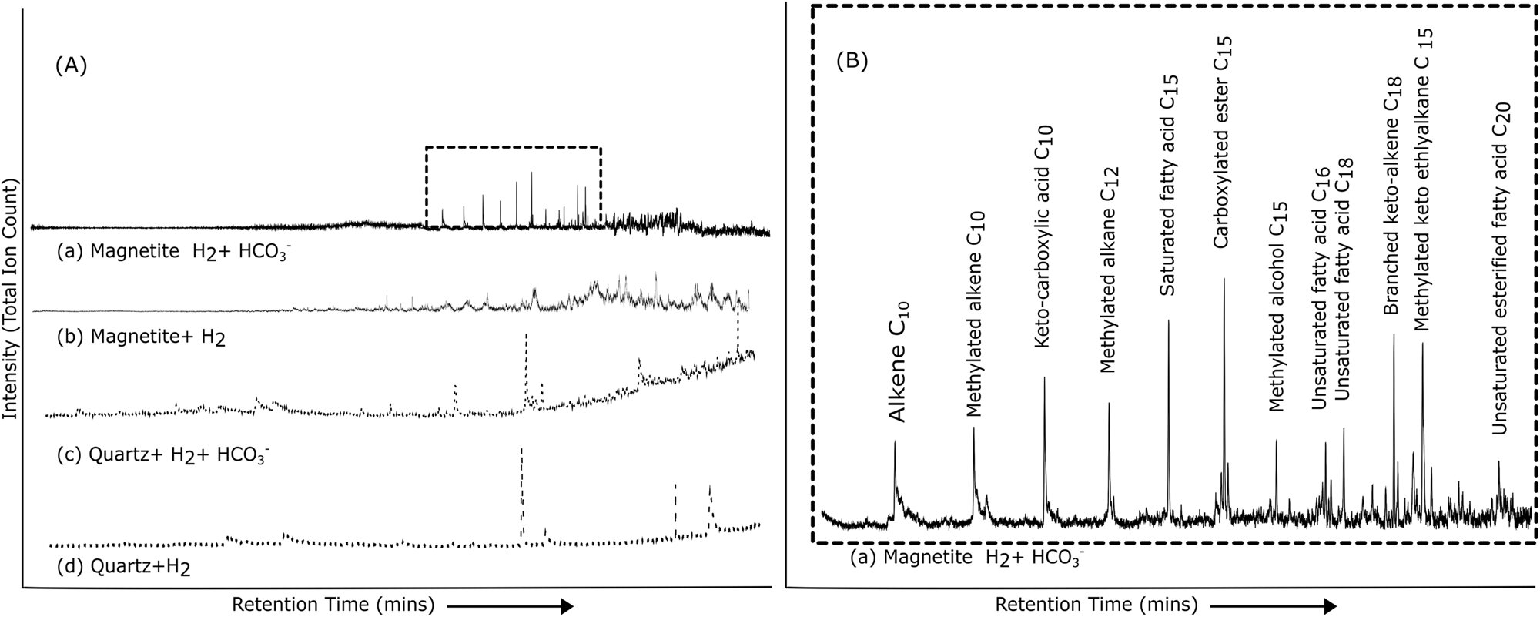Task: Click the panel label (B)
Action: [x=852, y=62]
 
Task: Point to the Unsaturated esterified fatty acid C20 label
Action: [x=1501, y=270]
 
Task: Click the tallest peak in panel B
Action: [x=1224, y=281]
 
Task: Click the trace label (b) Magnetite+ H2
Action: [x=142, y=337]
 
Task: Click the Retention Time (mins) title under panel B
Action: [x=1096, y=603]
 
